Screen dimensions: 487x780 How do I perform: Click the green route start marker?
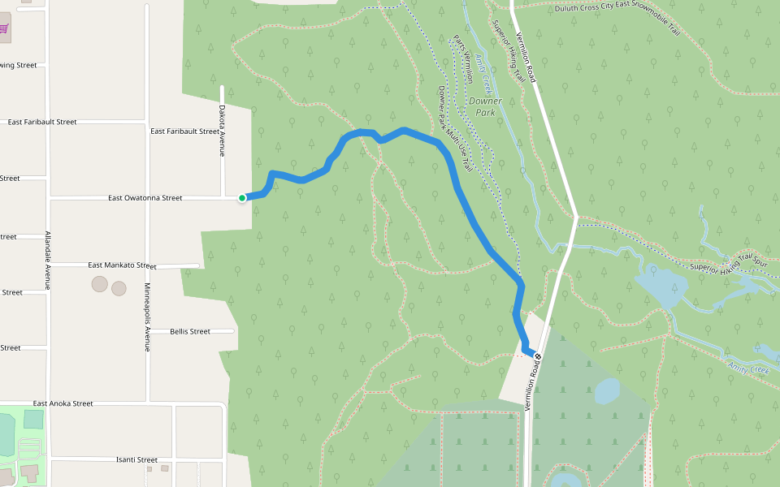click(x=242, y=197)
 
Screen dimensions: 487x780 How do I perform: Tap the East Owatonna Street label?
click(x=145, y=197)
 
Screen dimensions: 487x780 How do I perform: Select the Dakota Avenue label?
click(x=221, y=130)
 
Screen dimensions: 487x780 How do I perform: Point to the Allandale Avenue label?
click(x=48, y=260)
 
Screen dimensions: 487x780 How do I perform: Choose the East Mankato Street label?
click(x=122, y=265)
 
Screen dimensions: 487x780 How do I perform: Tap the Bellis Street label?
click(x=190, y=331)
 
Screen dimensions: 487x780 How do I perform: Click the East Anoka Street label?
click(x=63, y=403)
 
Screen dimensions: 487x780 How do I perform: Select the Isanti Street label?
click(x=136, y=459)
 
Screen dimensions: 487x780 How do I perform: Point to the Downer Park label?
click(x=486, y=106)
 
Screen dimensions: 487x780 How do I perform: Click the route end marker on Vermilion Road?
click(x=537, y=356)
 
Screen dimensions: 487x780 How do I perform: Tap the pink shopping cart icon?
click(x=3, y=28)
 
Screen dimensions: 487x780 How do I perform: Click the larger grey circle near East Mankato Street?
click(x=99, y=283)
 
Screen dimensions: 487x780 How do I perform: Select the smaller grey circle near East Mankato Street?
click(x=119, y=288)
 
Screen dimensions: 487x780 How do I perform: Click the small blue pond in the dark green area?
click(x=608, y=391)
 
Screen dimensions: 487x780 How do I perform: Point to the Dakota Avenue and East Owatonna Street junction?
click(x=222, y=197)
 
